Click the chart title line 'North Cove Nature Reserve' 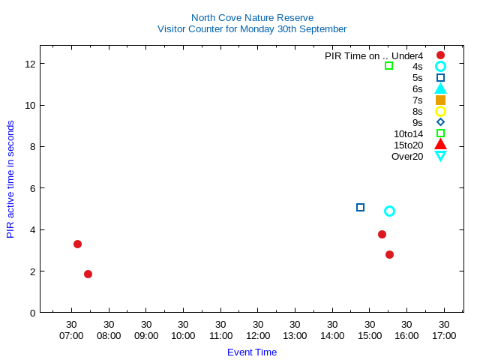pyautogui.click(x=252, y=17)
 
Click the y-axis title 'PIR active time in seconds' pyautogui.click(x=10, y=179)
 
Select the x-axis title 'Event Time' pyautogui.click(x=252, y=352)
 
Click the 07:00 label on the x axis pyautogui.click(x=71, y=336)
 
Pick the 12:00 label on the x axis pyautogui.click(x=257, y=336)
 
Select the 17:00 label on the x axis pyautogui.click(x=444, y=336)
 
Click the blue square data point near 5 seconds pyautogui.click(x=360, y=207)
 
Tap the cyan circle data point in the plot pyautogui.click(x=389, y=211)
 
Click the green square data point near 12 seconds pyautogui.click(x=388, y=65)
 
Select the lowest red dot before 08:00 pyautogui.click(x=88, y=274)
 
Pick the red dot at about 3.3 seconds pyautogui.click(x=77, y=244)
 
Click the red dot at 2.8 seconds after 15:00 pyautogui.click(x=389, y=254)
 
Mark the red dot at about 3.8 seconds pyautogui.click(x=382, y=234)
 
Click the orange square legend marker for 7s pyautogui.click(x=440, y=100)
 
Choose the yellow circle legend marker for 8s pyautogui.click(x=440, y=111)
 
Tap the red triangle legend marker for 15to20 pyautogui.click(x=440, y=145)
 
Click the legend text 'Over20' pyautogui.click(x=407, y=156)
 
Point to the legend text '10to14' pyautogui.click(x=408, y=133)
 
